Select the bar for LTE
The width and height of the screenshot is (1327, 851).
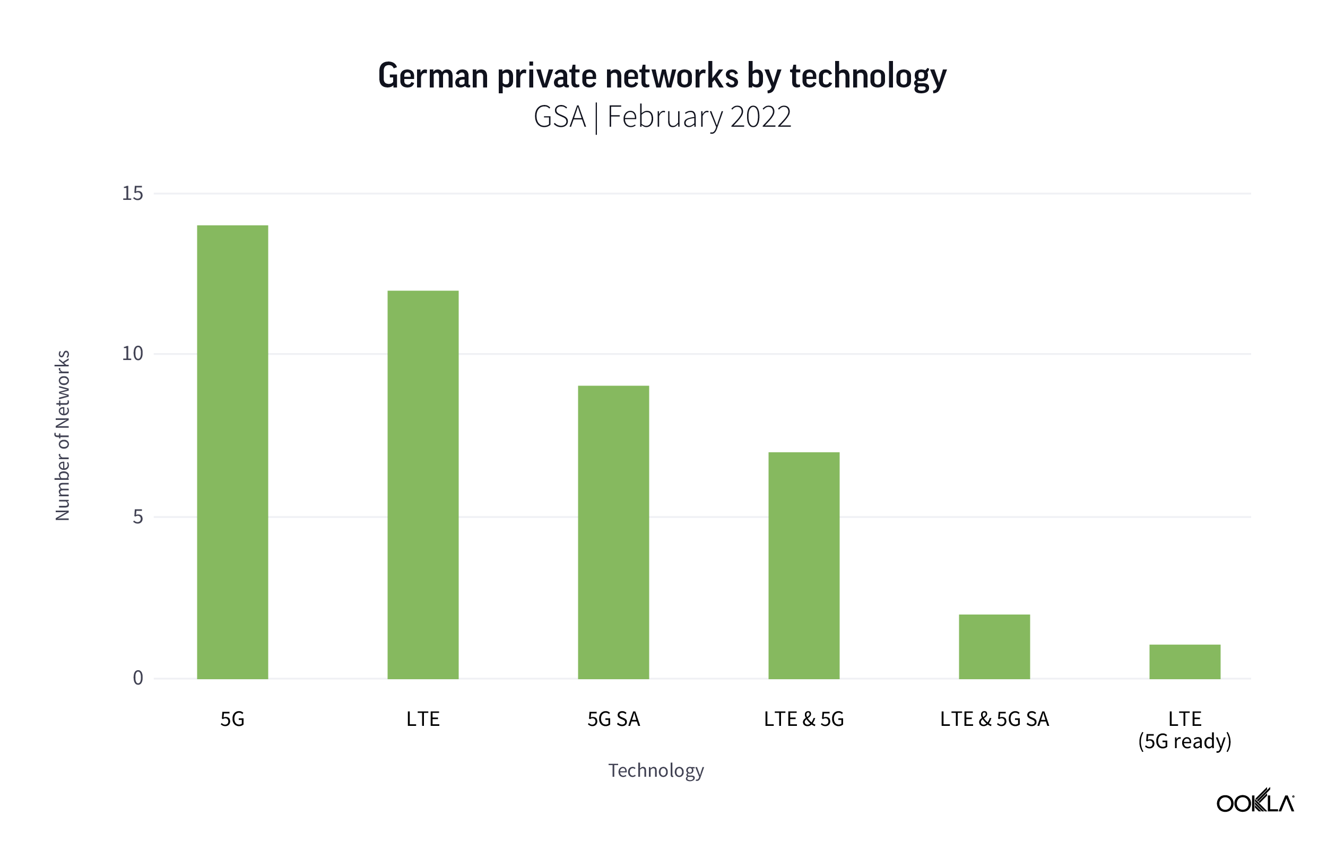422,484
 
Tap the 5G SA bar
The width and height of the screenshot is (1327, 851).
613,532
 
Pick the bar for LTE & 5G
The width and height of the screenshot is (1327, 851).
803,565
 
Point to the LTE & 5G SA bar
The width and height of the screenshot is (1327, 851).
994,646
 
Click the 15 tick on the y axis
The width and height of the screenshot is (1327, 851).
132,194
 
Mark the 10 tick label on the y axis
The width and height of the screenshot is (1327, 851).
132,353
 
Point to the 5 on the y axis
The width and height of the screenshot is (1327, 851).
137,516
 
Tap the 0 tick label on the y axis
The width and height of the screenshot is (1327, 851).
137,678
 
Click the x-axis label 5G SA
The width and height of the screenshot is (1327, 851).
613,719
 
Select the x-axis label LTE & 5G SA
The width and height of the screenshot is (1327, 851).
994,719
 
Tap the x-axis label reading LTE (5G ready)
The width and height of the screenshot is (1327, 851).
1184,730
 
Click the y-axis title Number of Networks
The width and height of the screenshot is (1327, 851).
63,435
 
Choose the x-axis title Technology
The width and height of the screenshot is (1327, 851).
656,770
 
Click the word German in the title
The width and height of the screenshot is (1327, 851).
433,76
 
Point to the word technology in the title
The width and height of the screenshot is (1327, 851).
868,76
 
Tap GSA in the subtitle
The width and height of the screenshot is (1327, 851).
559,117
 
